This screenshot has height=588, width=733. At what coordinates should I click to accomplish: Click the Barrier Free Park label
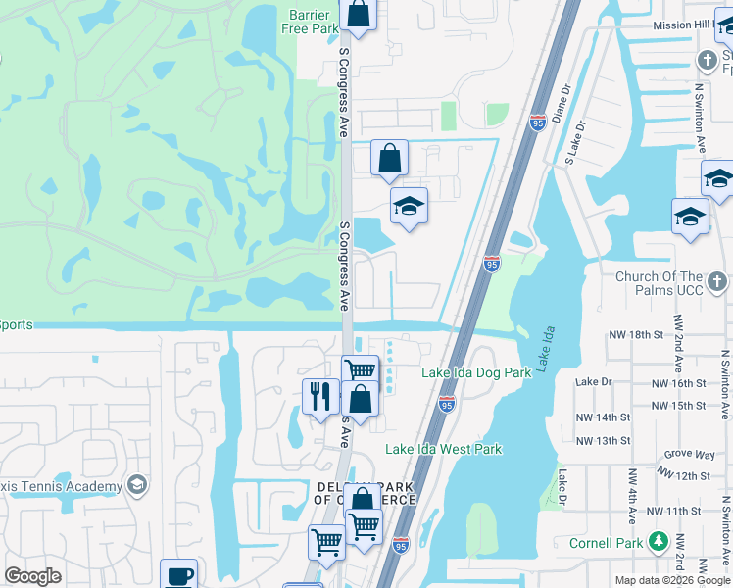[x=310, y=22]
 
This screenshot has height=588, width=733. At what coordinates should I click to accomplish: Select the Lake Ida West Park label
[x=443, y=449]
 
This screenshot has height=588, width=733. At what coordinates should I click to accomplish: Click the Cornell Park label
[x=606, y=543]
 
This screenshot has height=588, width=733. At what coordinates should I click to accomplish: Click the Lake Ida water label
[x=548, y=347]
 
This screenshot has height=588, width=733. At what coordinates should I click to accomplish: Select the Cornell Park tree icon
[x=659, y=542]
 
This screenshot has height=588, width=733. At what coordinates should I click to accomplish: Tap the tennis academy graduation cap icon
[x=137, y=485]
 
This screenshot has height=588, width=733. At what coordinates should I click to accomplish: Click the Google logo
[x=33, y=576]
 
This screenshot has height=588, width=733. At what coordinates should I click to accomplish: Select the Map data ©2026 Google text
[x=673, y=580]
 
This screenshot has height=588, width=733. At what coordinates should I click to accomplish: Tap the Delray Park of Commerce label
[x=365, y=493]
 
